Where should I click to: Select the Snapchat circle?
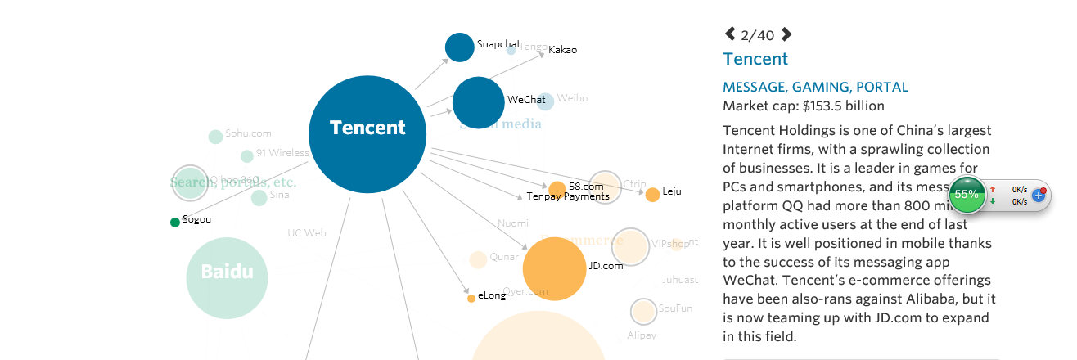tap(459, 47)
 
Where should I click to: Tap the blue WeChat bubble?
tap(479, 102)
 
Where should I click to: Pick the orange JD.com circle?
tap(554, 268)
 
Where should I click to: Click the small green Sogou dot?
tap(174, 223)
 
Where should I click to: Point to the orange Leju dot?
tap(652, 195)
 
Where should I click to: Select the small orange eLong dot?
tap(471, 299)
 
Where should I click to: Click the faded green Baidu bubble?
tap(228, 277)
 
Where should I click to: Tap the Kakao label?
tap(562, 50)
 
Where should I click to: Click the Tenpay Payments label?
tap(567, 196)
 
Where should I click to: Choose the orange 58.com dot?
tap(557, 189)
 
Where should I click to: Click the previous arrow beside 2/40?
tap(730, 34)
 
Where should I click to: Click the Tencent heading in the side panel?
tap(755, 59)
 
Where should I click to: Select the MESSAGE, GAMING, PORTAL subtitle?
tap(815, 87)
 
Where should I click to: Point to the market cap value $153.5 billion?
tap(843, 106)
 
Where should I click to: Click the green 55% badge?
tap(967, 195)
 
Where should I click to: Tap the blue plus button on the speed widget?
tap(1039, 196)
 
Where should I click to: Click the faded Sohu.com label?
tap(248, 133)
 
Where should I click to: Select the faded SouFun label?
tap(675, 308)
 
